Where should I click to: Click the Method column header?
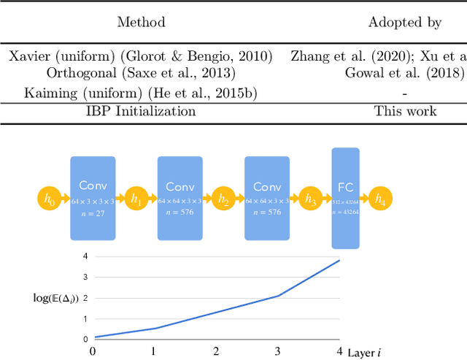(141, 23)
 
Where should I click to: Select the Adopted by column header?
(404, 23)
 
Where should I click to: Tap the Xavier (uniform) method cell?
(141, 56)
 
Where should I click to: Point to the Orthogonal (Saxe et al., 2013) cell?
(141, 73)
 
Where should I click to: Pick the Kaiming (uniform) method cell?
(141, 93)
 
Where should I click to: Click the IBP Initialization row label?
(141, 111)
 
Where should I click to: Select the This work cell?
(405, 111)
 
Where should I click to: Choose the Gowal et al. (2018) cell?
(404, 73)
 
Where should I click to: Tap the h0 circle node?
(49, 198)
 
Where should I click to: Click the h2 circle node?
(223, 198)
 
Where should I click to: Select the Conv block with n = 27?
(93, 197)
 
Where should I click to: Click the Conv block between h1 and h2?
(180, 197)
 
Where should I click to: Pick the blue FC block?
(345, 198)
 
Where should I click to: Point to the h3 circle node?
(310, 198)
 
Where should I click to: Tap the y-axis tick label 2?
(85, 298)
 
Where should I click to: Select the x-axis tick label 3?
(278, 351)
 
